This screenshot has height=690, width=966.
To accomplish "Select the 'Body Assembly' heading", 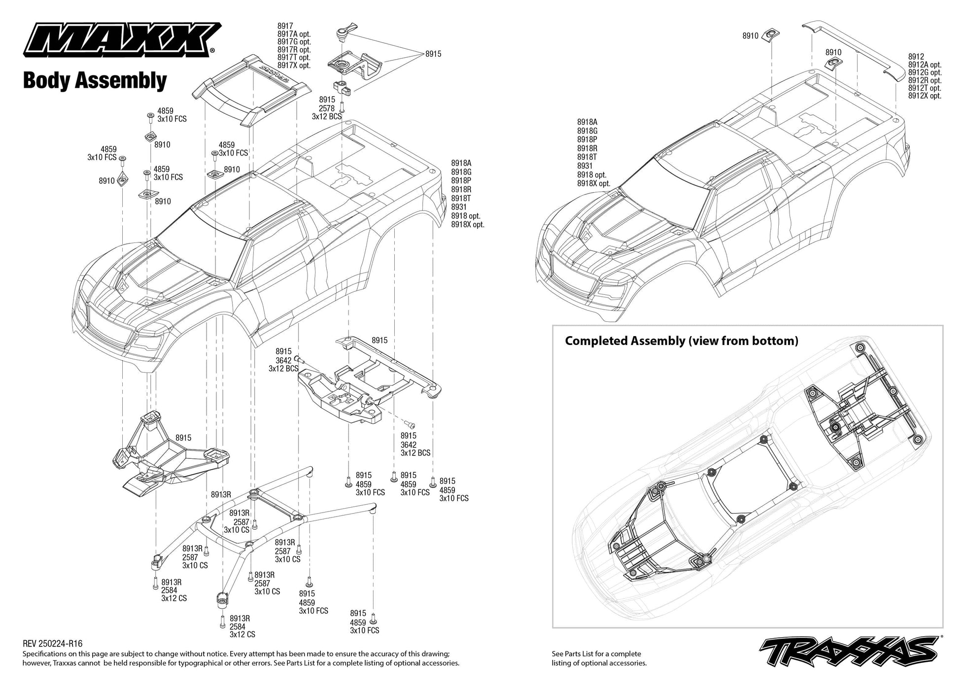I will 95,80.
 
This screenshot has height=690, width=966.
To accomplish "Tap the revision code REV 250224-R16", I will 53,644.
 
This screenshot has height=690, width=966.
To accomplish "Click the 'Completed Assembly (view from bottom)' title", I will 681,341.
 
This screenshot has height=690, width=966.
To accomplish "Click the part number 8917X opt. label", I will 294,66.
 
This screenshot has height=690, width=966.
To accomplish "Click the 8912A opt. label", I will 925,65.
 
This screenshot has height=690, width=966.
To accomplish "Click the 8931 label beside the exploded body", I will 459,207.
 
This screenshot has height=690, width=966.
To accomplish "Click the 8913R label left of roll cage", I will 220,494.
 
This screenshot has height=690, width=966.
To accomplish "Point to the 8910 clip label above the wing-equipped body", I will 750,36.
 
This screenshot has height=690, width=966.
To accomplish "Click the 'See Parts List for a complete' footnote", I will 596,654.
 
